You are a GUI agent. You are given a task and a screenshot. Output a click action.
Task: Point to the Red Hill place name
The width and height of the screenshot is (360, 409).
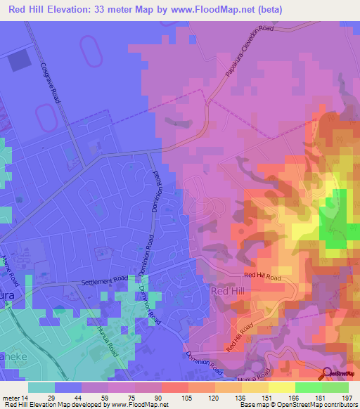(x=229, y=290)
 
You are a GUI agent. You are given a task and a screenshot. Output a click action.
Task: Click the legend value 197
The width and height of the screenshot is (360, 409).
(x=345, y=397)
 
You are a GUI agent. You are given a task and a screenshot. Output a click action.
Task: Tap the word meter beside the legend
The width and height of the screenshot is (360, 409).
(x=12, y=397)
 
